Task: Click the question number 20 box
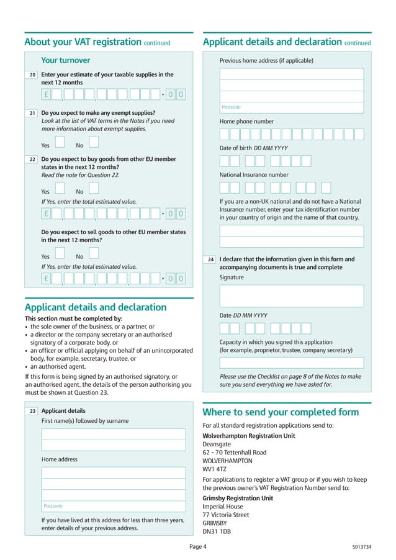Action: coord(32,75)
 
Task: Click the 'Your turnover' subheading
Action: coord(65,60)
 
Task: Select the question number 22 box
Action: coord(32,160)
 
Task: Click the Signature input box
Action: coord(292,296)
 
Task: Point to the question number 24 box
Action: coord(211,260)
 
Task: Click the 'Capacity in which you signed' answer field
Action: coord(292,363)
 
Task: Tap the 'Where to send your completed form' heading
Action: coord(281,412)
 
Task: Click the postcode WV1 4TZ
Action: coord(215,469)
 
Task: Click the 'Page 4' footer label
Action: coord(198,547)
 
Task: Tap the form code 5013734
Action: coord(361,547)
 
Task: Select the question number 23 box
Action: coord(32,411)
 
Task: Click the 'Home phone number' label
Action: coord(246,122)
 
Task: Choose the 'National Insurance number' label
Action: coord(254,175)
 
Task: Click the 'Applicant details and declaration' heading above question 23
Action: coord(95,307)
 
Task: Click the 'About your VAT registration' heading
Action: coord(83,42)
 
